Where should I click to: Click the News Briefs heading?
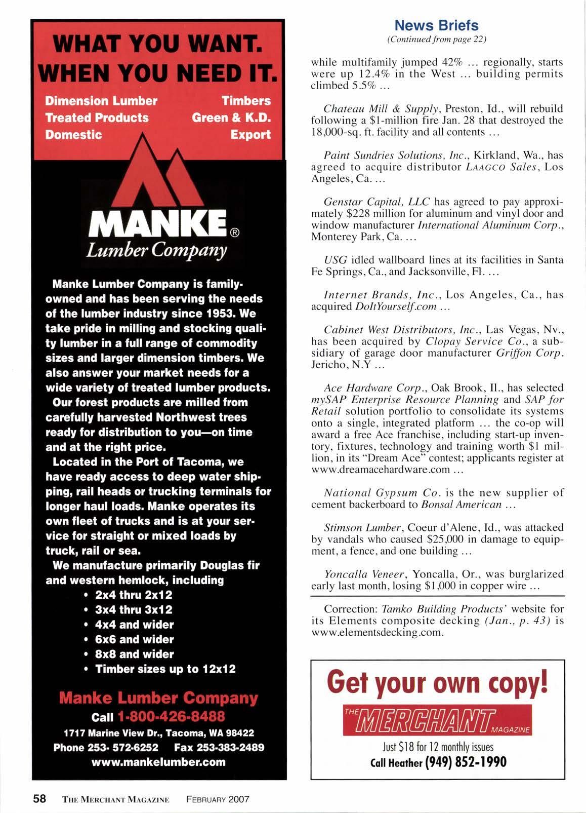pyautogui.click(x=436, y=25)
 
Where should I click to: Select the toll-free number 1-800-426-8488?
pyautogui.click(x=171, y=716)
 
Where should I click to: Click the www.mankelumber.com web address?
pyautogui.click(x=158, y=761)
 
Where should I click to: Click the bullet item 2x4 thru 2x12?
pyautogui.click(x=134, y=595)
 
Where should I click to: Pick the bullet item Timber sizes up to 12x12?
pyautogui.click(x=165, y=669)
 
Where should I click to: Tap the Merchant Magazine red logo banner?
pyautogui.click(x=436, y=719)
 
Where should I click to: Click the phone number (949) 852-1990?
pyautogui.click(x=466, y=762)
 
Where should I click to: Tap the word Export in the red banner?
pyautogui.click(x=250, y=135)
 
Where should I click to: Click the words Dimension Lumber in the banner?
pyautogui.click(x=101, y=101)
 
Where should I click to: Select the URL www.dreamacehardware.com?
pyautogui.click(x=380, y=469)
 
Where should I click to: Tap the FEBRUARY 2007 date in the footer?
pyautogui.click(x=218, y=799)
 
